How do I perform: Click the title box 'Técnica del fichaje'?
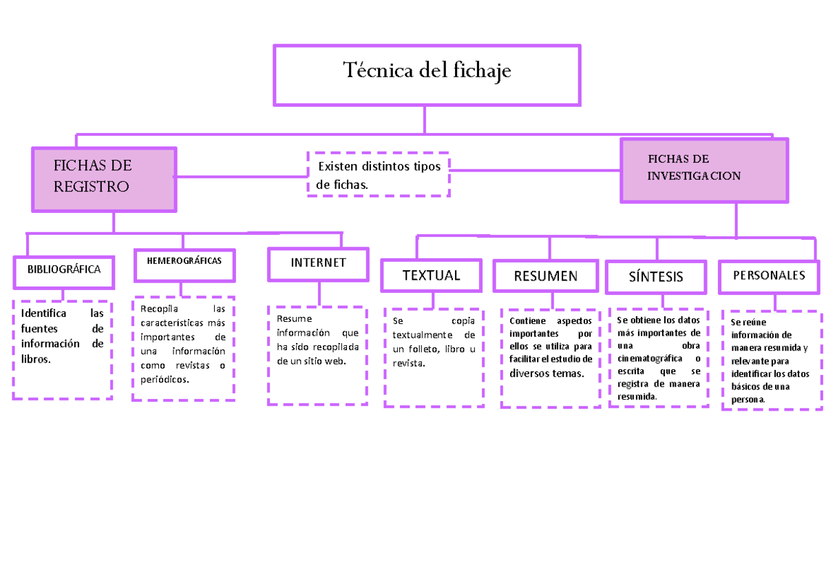pyautogui.click(x=427, y=74)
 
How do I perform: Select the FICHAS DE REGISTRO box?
pyautogui.click(x=103, y=179)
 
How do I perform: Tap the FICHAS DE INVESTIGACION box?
pyautogui.click(x=703, y=170)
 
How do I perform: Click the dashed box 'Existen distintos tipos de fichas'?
pyautogui.click(x=378, y=175)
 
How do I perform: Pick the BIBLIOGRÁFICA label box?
pyautogui.click(x=63, y=269)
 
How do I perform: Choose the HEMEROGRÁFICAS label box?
pyautogui.click(x=184, y=265)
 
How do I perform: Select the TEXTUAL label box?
pyautogui.click(x=431, y=276)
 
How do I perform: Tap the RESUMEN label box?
pyautogui.click(x=546, y=277)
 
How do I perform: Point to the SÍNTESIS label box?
pyautogui.click(x=656, y=277)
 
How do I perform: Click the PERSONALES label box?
pyautogui.click(x=769, y=276)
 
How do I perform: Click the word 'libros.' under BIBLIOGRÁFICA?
pyautogui.click(x=36, y=359)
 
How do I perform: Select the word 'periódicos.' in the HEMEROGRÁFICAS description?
pyautogui.click(x=164, y=380)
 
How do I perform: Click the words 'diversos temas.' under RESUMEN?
pyautogui.click(x=547, y=373)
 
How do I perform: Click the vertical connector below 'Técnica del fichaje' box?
pyautogui.click(x=425, y=119)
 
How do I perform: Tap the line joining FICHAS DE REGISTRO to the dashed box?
pyautogui.click(x=241, y=176)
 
